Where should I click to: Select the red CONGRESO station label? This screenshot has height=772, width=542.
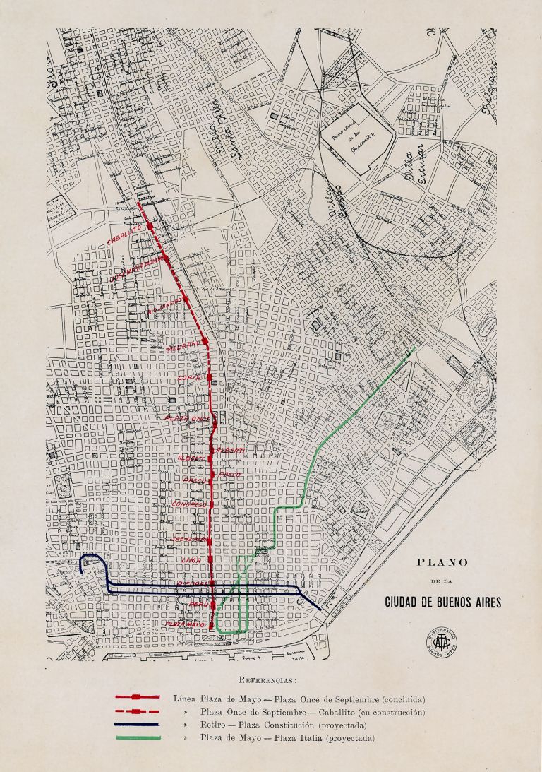(188, 505)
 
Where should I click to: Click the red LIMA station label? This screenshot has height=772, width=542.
(192, 559)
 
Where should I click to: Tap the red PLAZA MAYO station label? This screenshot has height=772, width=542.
(185, 624)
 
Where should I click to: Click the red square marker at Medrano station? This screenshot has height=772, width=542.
(205, 343)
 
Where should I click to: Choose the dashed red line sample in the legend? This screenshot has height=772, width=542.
(137, 711)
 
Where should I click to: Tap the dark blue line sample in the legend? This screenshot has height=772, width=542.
(137, 725)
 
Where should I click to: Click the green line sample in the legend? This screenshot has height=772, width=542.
(137, 738)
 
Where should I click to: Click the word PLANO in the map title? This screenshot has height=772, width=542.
(442, 563)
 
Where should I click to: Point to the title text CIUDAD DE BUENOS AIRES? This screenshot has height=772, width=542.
(442, 602)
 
